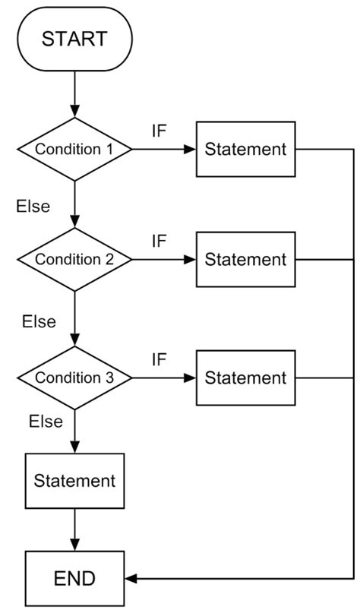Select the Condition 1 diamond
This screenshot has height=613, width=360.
pos(74,150)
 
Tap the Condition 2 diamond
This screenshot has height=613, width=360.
pos(74,259)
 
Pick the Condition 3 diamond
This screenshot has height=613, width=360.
pos(74,378)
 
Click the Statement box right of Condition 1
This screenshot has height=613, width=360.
pos(246,150)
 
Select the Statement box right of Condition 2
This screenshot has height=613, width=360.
pos(246,259)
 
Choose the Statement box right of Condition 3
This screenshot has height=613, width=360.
pos(246,378)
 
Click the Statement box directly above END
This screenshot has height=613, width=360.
pos(74,481)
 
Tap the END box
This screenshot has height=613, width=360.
pos(74,579)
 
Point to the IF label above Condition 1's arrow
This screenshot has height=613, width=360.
pos(159,130)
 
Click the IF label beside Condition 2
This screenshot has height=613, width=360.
pos(159,241)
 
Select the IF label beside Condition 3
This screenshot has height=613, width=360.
pos(159,359)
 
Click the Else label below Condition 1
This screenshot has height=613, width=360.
pos(33,206)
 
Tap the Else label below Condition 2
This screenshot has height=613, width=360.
pos(39,321)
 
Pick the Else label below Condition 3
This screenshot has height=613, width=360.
pos(45,422)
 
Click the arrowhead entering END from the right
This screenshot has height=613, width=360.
pos(131,579)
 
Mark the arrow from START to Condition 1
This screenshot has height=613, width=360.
pos(74,94)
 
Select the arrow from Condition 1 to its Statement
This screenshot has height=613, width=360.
pos(164,150)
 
